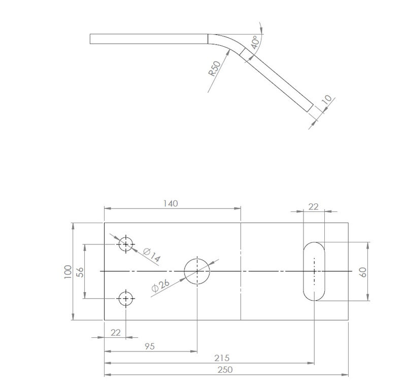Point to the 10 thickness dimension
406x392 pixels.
tap(326, 100)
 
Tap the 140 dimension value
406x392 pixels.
tap(171, 203)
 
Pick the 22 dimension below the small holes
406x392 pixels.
tap(116, 332)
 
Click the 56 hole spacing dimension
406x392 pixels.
tap(80, 271)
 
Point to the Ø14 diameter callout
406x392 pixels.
tap(151, 255)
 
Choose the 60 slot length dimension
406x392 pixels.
tap(362, 271)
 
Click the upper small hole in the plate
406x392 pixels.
tap(126, 244)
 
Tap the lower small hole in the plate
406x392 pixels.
tap(126, 298)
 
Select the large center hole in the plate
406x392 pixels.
tap(197, 271)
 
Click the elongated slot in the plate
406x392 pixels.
tap(315, 271)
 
